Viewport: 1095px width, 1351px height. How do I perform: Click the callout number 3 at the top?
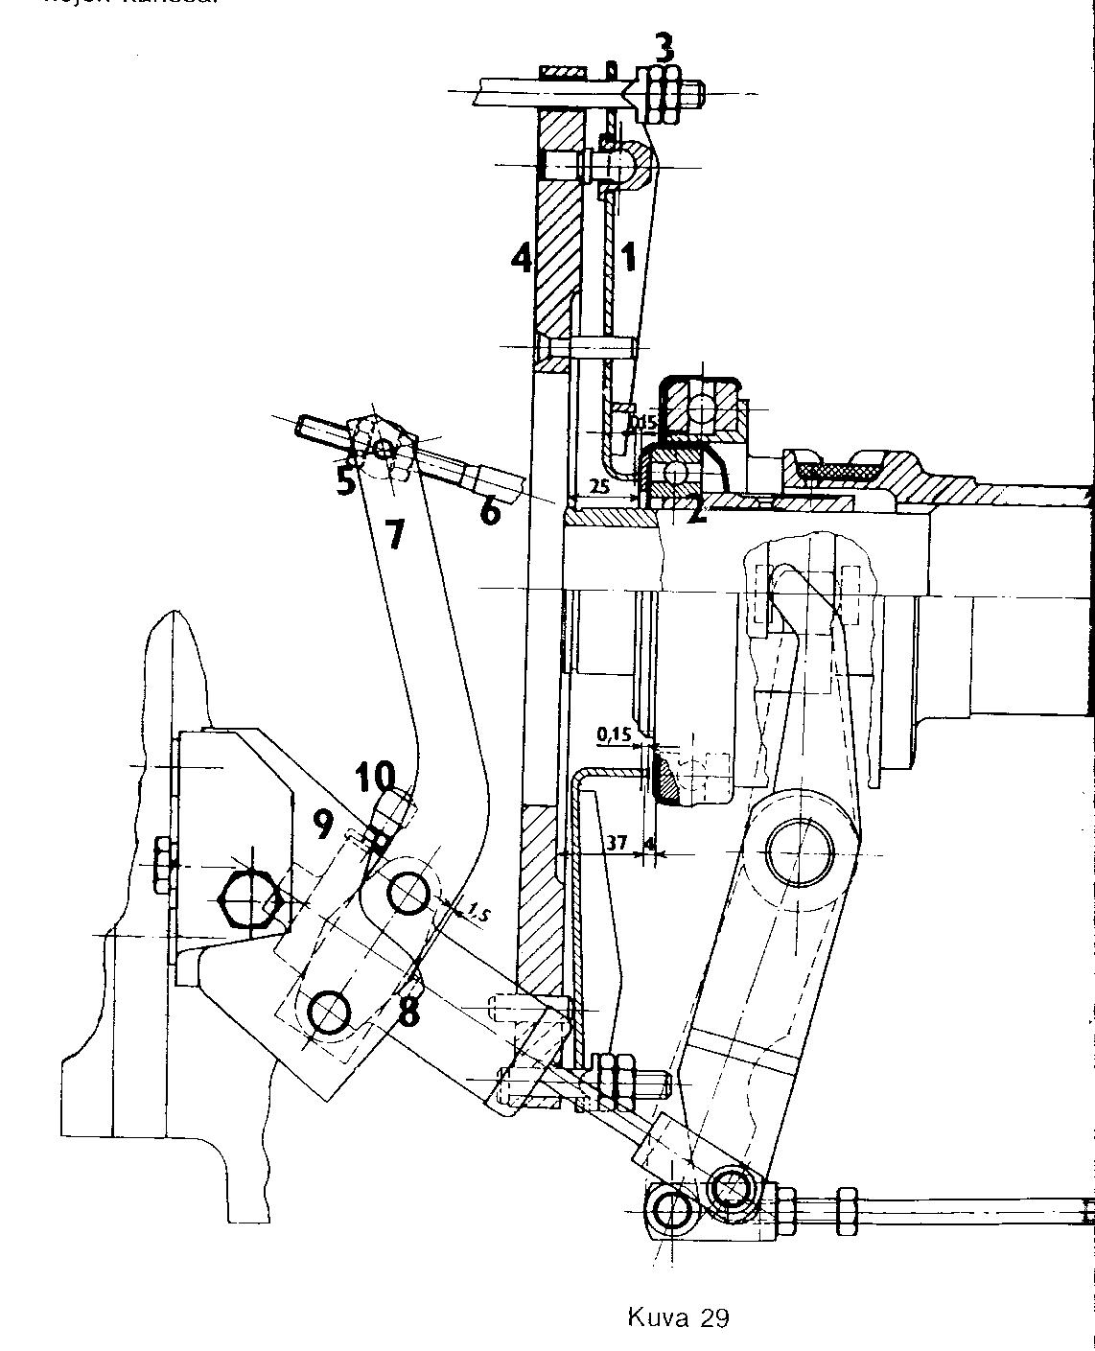[x=664, y=47]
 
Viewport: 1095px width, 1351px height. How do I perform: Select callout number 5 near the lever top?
[x=346, y=480]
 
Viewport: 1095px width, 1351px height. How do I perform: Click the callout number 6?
[x=489, y=511]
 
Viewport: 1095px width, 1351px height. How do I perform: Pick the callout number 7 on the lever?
[x=395, y=535]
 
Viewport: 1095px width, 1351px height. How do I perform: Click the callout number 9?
[x=324, y=822]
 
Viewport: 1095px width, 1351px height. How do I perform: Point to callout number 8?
[x=408, y=1011]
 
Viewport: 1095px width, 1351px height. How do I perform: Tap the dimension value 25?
[x=599, y=486]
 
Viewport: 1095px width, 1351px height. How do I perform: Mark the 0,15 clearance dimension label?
[x=614, y=734]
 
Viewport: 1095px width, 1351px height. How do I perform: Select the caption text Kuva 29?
[x=678, y=1316]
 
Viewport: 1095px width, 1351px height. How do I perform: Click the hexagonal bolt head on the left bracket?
[x=251, y=902]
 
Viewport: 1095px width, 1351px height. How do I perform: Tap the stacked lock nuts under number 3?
[x=662, y=94]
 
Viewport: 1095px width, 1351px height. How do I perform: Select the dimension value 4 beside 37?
[x=651, y=844]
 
